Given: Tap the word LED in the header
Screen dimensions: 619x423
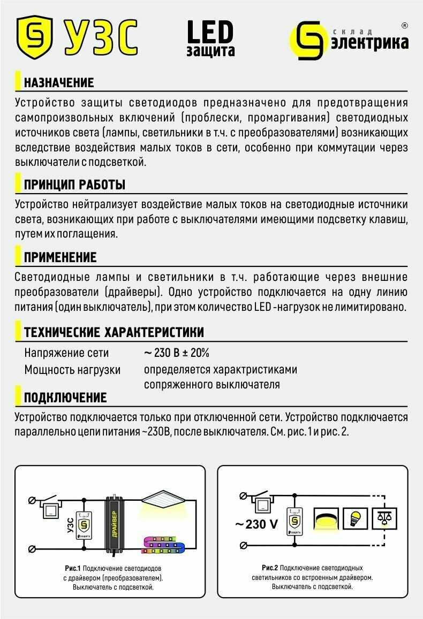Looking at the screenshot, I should coord(210,32).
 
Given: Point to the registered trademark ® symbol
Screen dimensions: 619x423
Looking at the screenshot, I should coord(404,25).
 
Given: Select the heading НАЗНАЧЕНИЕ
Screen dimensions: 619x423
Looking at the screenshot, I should coord(59,83).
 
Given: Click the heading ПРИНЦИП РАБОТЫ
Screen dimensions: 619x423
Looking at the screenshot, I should coord(74,185).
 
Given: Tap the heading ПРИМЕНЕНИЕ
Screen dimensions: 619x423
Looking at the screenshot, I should coord(60,257).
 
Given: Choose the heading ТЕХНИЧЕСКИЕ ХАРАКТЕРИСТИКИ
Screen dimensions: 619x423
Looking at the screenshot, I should coord(114,332).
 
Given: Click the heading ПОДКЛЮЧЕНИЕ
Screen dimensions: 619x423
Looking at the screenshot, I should coord(65,398).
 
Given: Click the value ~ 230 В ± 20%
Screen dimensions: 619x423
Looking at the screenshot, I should coord(177,353).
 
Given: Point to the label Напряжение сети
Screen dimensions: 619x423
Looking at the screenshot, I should coord(66,353).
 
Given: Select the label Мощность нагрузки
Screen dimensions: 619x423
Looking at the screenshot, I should coord(72,370).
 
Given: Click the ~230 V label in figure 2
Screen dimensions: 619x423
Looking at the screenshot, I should coord(257,524).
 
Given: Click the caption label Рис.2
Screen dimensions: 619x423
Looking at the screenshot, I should coord(269,568).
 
